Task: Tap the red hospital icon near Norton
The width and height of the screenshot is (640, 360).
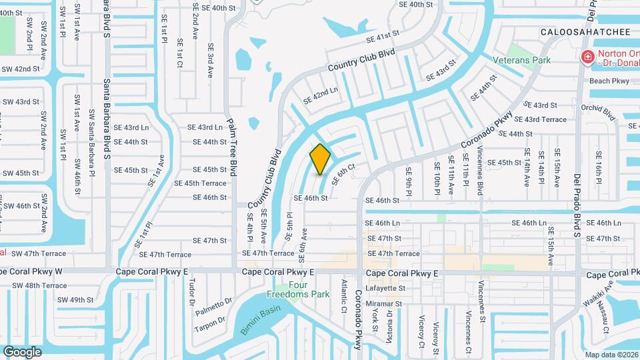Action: pos(587,57)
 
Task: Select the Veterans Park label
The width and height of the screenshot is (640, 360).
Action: pos(521,60)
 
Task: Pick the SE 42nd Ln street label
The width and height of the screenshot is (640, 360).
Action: pos(321,96)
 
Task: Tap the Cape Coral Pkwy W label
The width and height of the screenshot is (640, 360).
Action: pos(31,271)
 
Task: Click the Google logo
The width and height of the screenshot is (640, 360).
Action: pos(22,351)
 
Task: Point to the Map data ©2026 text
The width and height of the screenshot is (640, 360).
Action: pos(611,355)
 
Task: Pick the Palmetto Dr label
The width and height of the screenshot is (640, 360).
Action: pos(214,306)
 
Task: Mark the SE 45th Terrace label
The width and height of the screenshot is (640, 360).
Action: pos(200,183)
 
